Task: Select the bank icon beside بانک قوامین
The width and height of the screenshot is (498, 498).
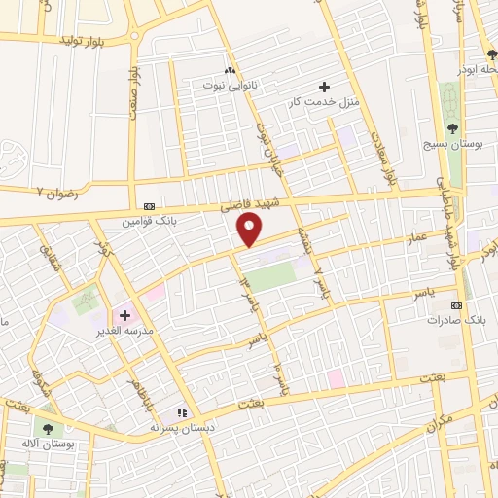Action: pos(149,206)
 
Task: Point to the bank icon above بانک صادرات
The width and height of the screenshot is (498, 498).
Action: pos(457,304)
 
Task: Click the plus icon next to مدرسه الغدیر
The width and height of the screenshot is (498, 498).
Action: pos(124,315)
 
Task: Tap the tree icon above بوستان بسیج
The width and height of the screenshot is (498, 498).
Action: pos(451,128)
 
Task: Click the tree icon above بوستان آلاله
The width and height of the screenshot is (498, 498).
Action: pos(49,428)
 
